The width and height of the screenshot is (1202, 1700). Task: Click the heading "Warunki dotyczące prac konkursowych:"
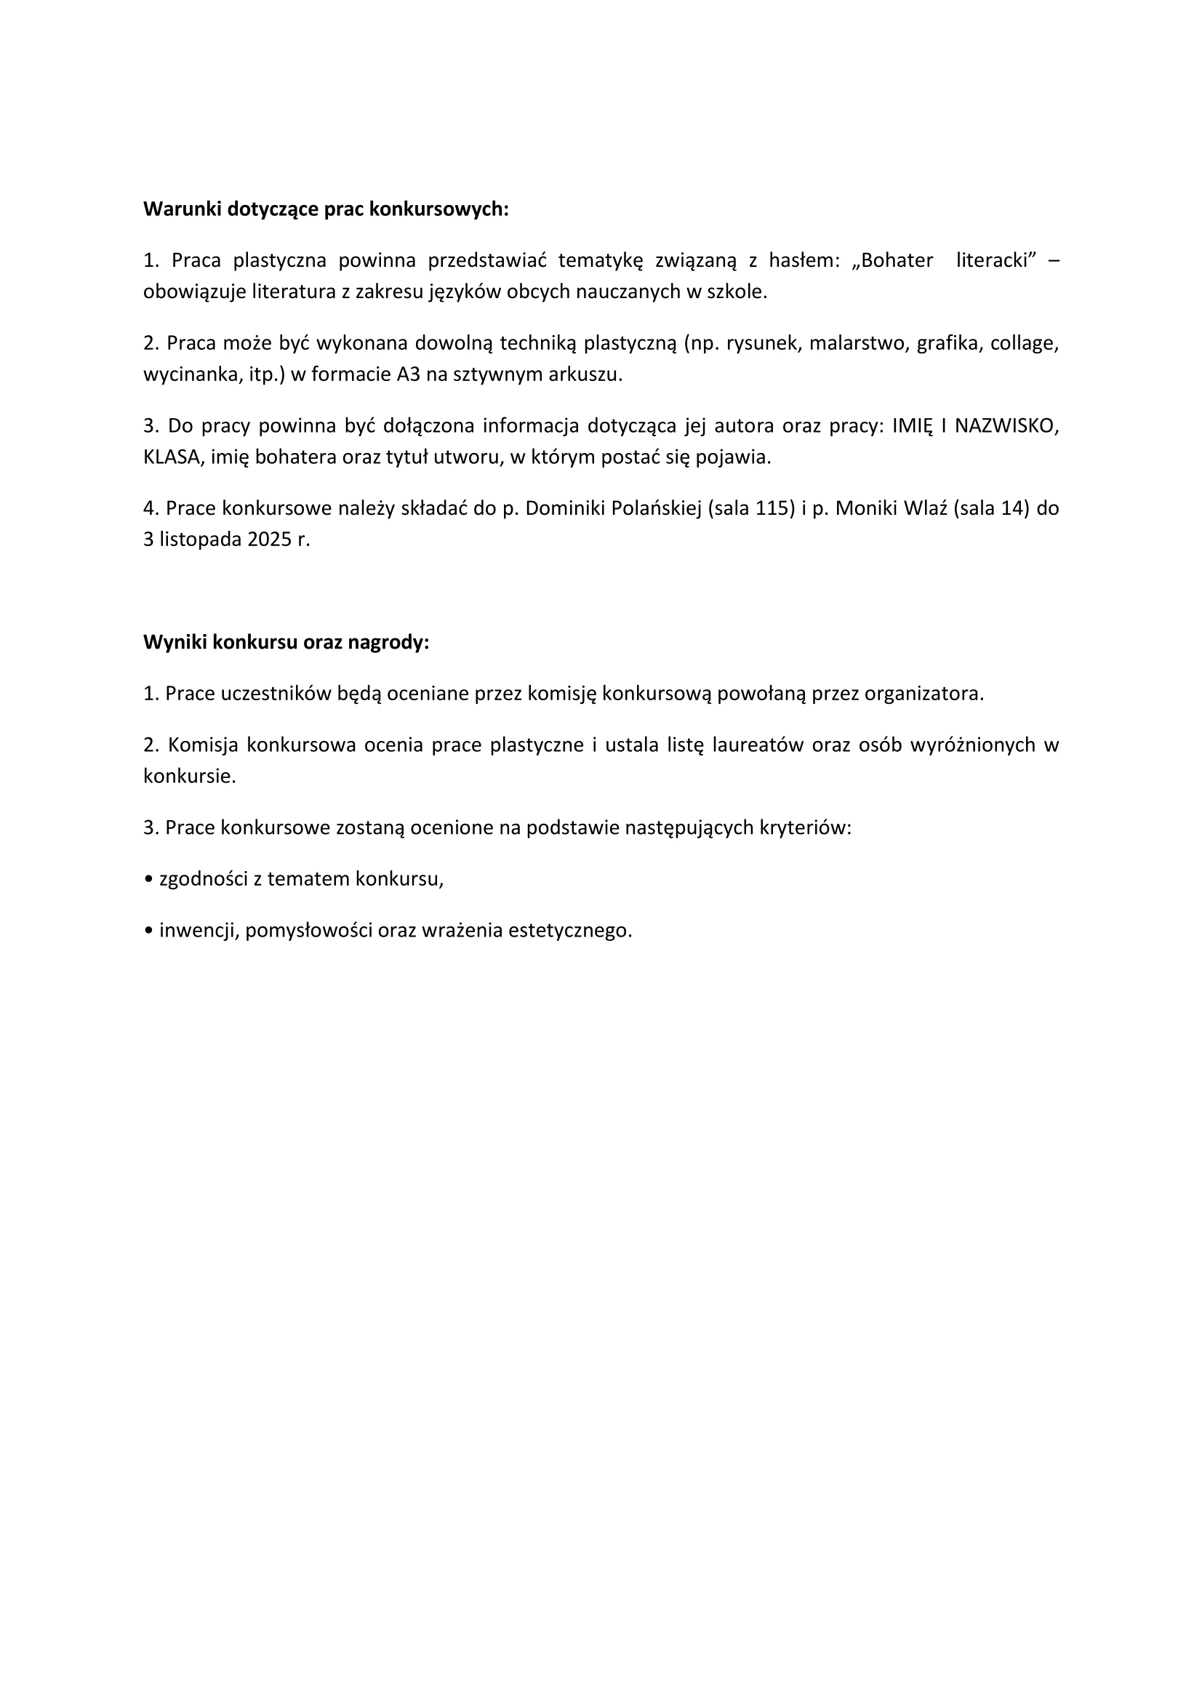coord(326,209)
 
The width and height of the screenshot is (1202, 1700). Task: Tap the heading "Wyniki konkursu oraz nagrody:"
coord(286,642)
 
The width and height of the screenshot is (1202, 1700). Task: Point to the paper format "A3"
coord(408,374)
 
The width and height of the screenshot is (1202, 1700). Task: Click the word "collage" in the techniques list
coord(1024,343)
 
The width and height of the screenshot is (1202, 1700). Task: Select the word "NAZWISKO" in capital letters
coord(1006,426)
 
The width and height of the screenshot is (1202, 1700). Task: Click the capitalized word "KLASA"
coord(172,457)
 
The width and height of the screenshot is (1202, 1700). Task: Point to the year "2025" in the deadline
coord(270,540)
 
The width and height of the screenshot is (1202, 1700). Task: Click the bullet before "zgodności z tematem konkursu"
coord(149,880)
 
